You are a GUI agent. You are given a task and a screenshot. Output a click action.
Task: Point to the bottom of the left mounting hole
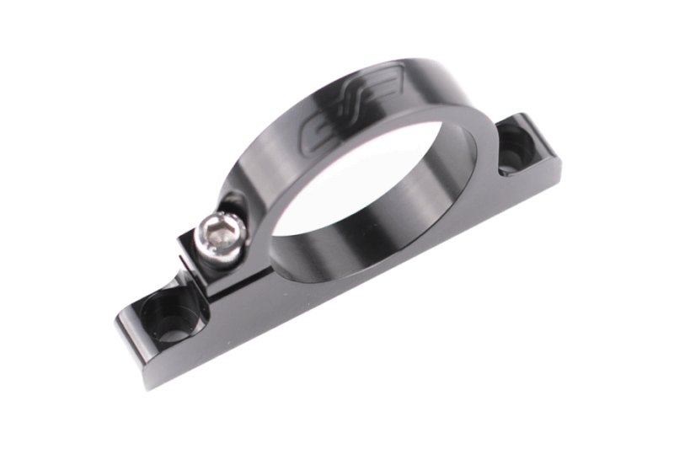point(172,324)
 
